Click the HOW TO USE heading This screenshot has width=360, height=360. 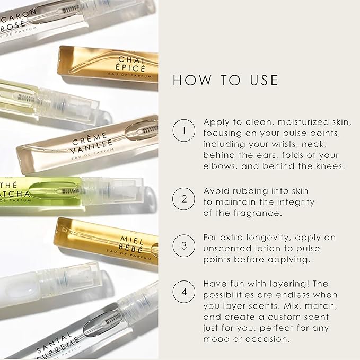coord(225,80)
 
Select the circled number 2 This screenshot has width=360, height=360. coord(183,199)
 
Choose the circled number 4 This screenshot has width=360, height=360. coord(183,291)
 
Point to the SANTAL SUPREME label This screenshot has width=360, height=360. coord(57,339)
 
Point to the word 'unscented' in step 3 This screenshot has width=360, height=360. coord(226,248)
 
